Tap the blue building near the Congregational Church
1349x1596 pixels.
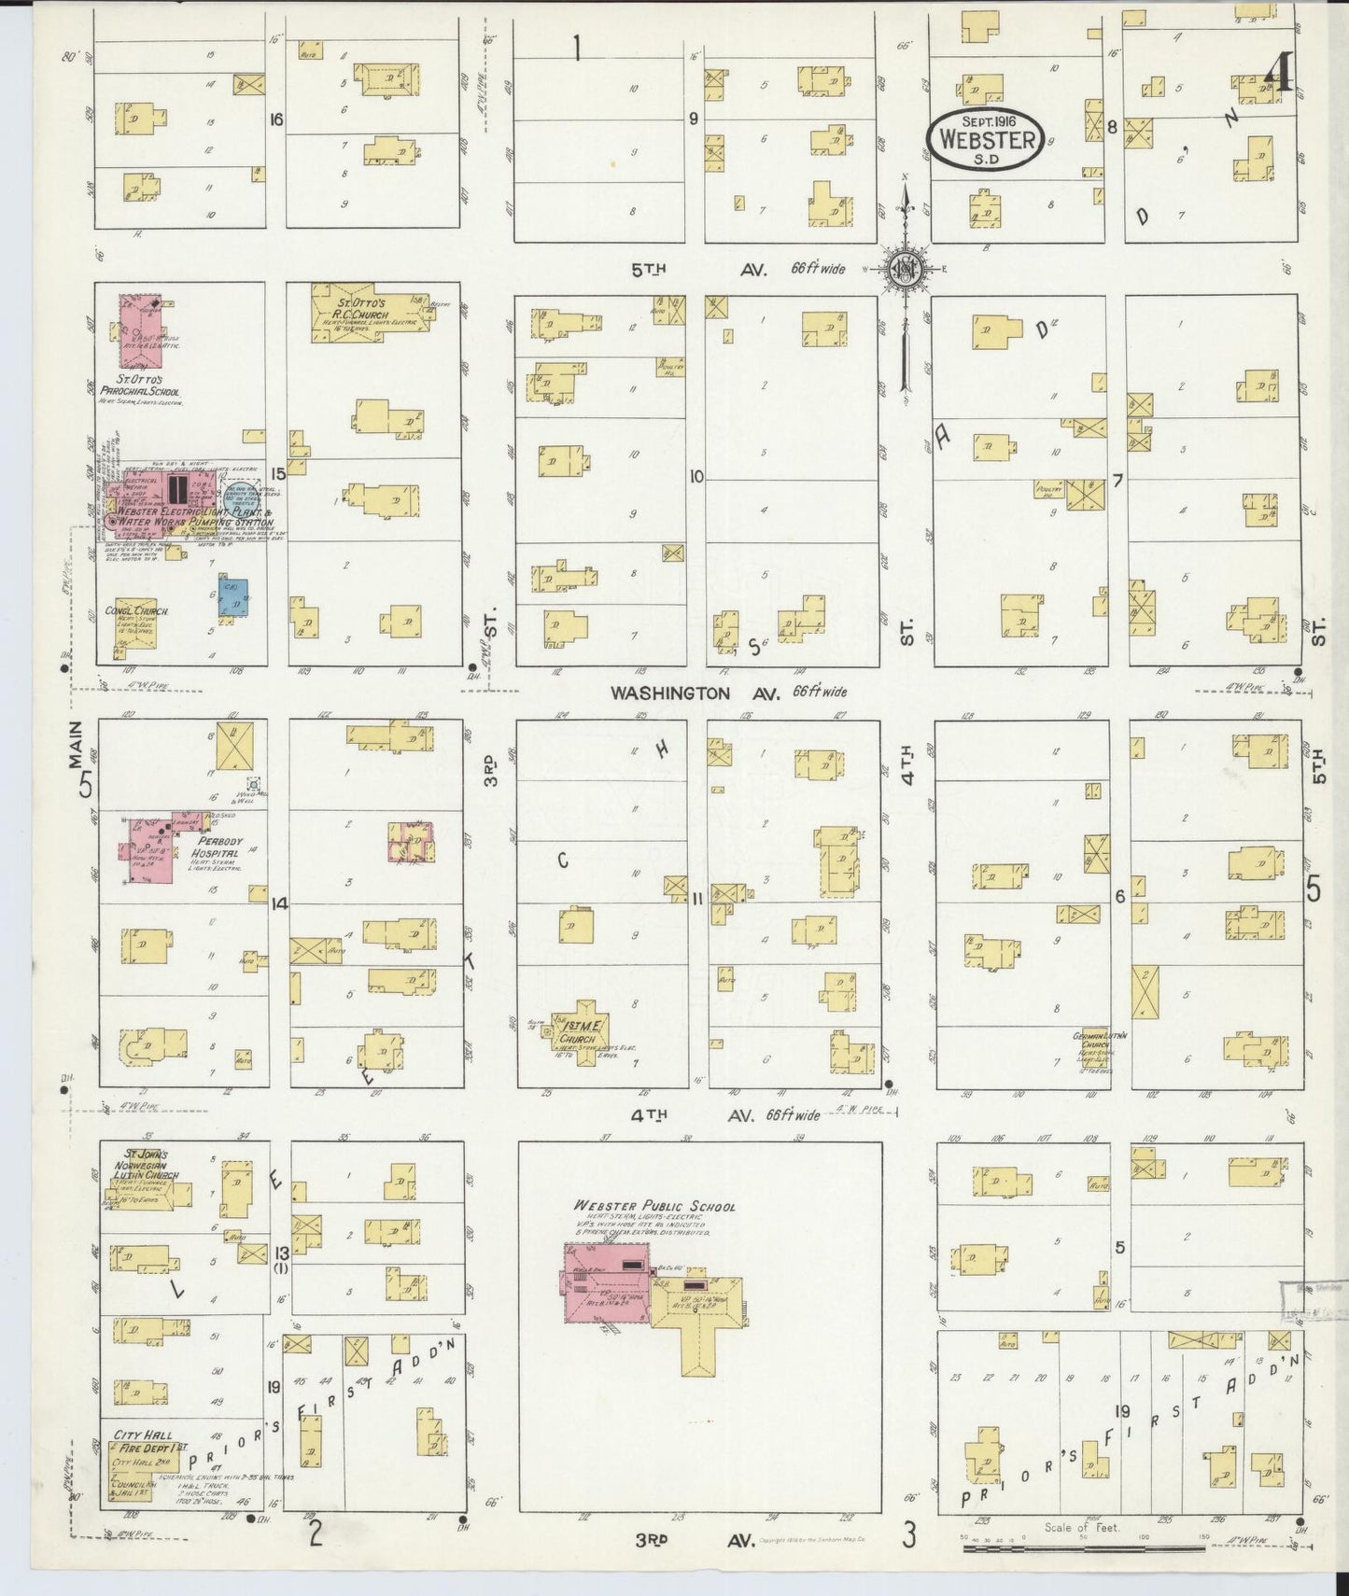pos(232,598)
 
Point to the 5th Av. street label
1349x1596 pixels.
pos(698,270)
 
